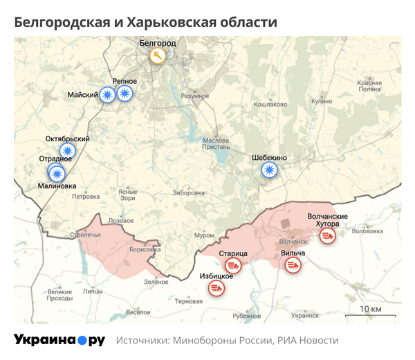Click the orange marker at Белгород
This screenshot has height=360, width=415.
(x=158, y=56)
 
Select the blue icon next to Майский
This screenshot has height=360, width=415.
(x=107, y=95)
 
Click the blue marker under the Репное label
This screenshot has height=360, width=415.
(x=124, y=93)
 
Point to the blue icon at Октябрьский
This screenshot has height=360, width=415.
(x=67, y=150)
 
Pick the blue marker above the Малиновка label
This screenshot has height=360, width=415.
(x=57, y=173)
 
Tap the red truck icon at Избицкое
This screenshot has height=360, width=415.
(x=216, y=287)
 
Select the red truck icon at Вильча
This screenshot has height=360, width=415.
(x=293, y=264)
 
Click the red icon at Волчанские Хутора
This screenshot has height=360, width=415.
(x=327, y=236)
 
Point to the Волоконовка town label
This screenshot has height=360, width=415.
(x=367, y=231)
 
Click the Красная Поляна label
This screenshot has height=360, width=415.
(x=369, y=86)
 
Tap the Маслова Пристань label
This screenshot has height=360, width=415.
(x=216, y=144)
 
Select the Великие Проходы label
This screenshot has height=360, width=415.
(x=59, y=295)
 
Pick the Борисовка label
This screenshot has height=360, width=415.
(x=145, y=249)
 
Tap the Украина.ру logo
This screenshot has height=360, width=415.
(x=59, y=340)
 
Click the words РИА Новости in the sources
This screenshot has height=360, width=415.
(x=308, y=341)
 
